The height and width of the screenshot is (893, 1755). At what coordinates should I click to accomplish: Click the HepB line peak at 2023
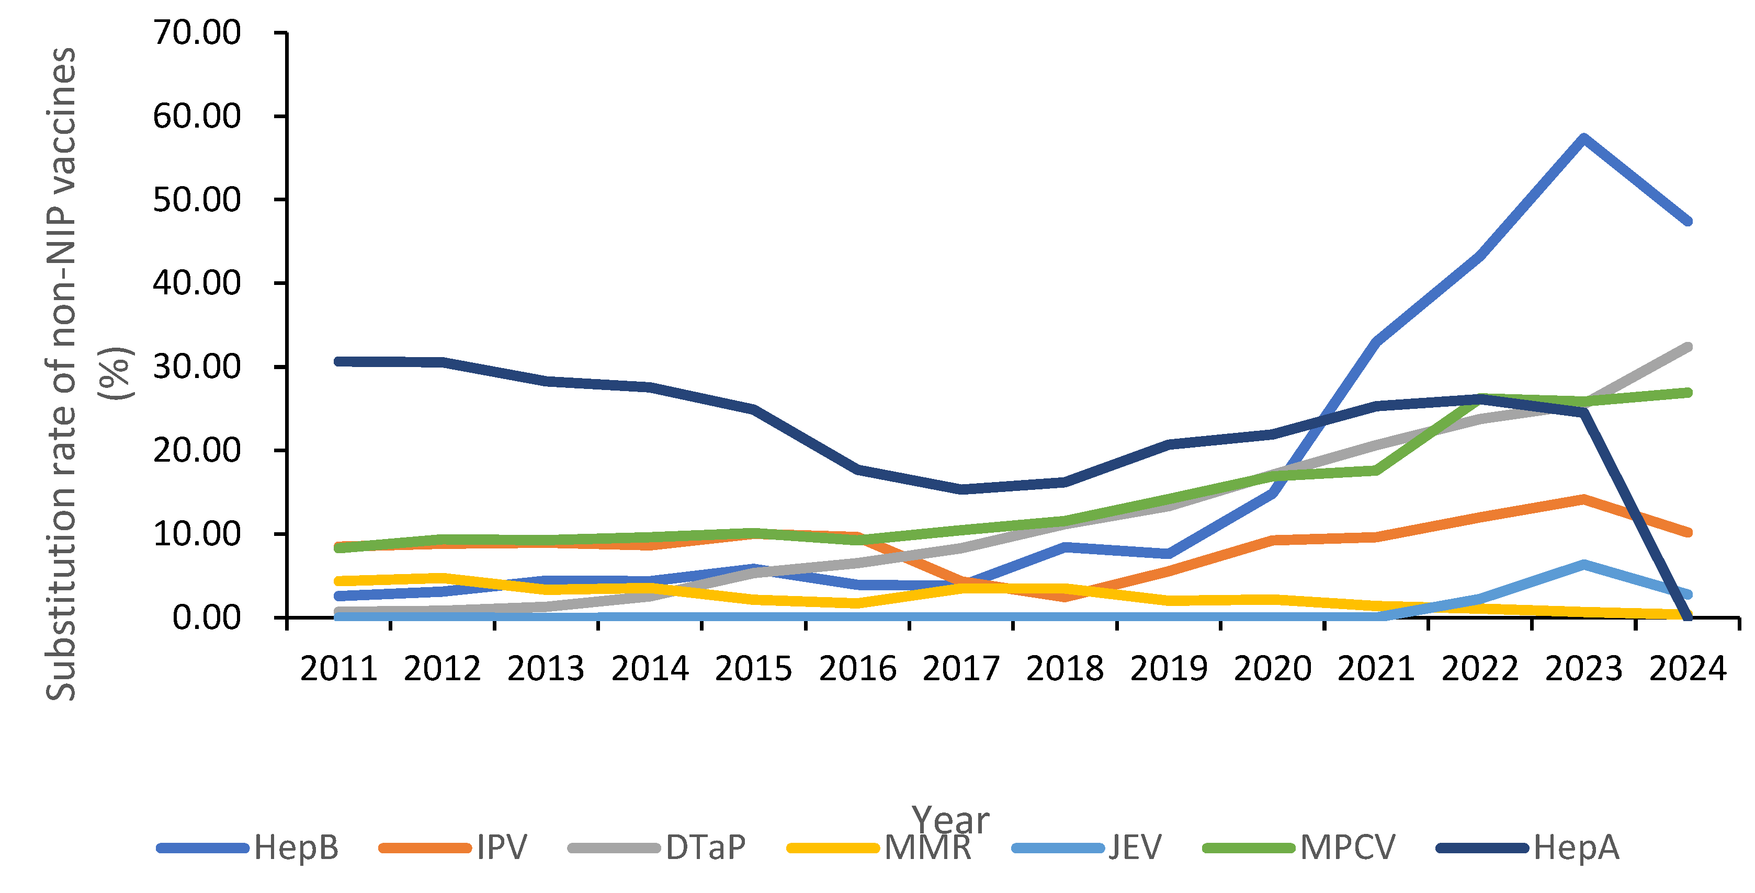pos(1583,139)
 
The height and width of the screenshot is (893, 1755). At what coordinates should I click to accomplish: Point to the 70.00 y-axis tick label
pos(197,33)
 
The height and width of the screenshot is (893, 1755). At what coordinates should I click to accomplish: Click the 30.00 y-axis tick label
pos(197,367)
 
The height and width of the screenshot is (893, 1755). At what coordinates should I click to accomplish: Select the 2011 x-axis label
pos(338,669)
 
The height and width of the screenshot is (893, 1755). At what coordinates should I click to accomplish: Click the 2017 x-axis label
pos(961,669)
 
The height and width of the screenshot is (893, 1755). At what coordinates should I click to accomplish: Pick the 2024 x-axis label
pos(1688,669)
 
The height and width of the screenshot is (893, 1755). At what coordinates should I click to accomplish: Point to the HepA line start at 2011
pos(338,361)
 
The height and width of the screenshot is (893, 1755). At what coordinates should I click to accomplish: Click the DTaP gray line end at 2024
pos(1688,347)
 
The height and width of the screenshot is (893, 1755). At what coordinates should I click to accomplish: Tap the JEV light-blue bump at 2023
pos(1583,564)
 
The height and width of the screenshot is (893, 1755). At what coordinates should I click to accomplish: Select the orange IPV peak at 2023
pos(1583,499)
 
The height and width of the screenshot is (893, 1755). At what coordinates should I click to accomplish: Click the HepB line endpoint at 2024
pos(1688,221)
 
